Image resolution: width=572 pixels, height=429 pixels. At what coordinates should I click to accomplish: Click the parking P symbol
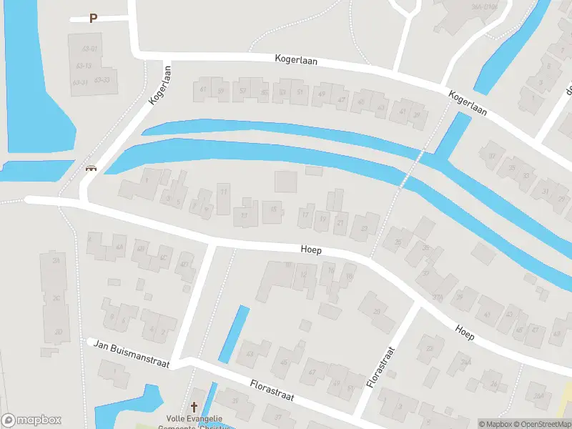pyautogui.click(x=93, y=19)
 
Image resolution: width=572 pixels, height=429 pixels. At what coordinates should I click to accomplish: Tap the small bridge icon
pyautogui.click(x=91, y=169)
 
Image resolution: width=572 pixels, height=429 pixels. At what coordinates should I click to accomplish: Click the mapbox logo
pyautogui.click(x=31, y=420)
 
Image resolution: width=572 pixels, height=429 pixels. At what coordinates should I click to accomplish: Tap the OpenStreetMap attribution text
pyautogui.click(x=546, y=424)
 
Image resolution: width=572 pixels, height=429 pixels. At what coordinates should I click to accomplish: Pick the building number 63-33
pyautogui.click(x=102, y=79)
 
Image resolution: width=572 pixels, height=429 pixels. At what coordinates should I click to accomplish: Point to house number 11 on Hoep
pyautogui.click(x=225, y=192)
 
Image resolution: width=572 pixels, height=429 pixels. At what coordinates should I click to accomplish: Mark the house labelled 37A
pyautogui.click(x=438, y=297)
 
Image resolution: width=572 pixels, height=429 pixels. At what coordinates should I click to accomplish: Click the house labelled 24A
pyautogui.click(x=465, y=363)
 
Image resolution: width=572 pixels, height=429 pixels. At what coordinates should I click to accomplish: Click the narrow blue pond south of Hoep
pyautogui.click(x=234, y=332)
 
